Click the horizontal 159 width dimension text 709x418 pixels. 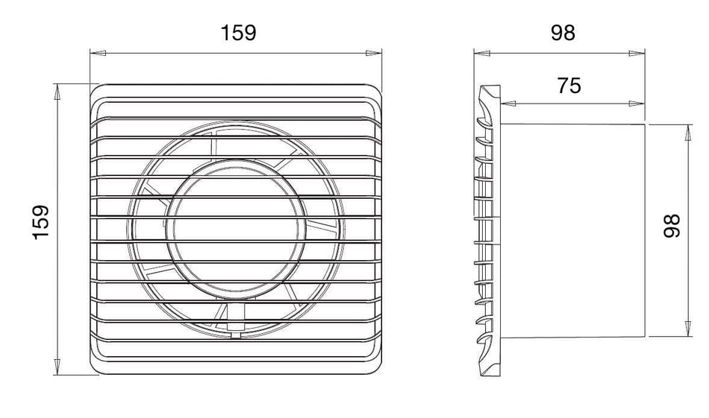tap(238, 33)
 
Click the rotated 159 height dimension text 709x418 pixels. tap(41, 223)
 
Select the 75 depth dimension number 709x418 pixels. tap(569, 86)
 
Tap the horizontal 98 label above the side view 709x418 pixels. tap(563, 33)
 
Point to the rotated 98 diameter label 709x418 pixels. tap(672, 226)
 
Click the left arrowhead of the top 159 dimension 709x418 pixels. tap(98, 53)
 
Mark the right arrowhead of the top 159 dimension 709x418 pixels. tap(373, 53)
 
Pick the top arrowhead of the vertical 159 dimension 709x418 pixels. tap(57, 92)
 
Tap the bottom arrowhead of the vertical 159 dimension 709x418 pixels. tap(57, 367)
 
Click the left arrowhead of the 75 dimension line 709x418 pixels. tap(509, 104)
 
